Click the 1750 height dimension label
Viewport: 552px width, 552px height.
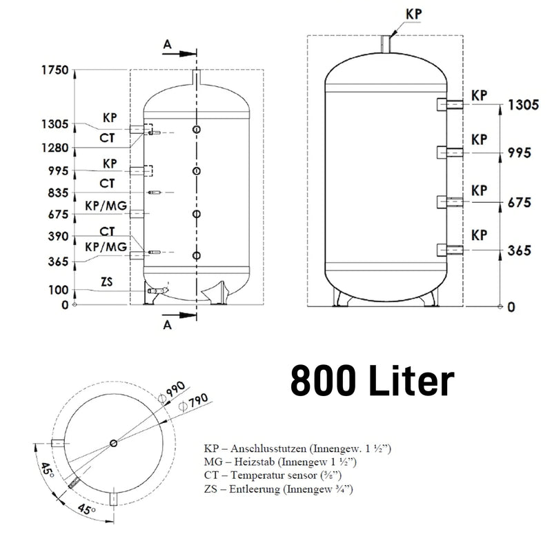[x=55, y=70]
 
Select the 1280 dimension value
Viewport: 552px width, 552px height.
[x=55, y=148]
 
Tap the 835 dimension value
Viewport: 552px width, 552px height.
[x=58, y=193]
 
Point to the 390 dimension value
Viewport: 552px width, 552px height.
[x=58, y=236]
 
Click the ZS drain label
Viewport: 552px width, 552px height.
[x=107, y=282]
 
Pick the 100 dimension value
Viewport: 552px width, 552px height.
[x=58, y=290]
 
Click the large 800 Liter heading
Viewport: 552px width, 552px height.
[x=373, y=381]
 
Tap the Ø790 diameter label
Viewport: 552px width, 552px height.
[x=193, y=402]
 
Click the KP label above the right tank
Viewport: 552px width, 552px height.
[x=413, y=14]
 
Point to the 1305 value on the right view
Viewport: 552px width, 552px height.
[x=523, y=105]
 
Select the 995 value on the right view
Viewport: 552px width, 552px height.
[x=520, y=152]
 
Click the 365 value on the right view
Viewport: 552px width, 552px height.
[x=520, y=250]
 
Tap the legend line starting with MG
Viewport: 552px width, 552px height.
[x=280, y=462]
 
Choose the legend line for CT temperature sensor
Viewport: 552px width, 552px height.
[x=273, y=475]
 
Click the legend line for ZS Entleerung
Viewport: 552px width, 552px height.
[x=279, y=489]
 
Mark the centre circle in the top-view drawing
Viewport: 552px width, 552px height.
[x=113, y=443]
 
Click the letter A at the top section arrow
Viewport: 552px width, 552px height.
[x=168, y=45]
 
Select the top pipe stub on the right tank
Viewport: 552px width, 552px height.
[x=386, y=44]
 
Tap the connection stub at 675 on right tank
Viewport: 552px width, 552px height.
[x=451, y=201]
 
